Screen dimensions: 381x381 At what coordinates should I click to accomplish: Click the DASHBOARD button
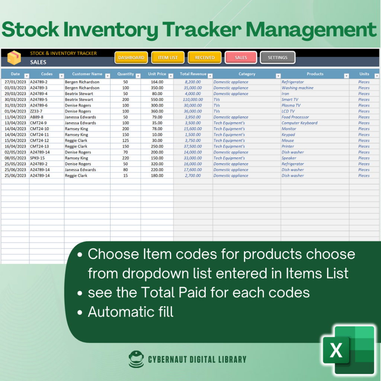click(x=131, y=58)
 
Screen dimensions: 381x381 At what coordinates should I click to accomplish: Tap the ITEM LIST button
click(x=168, y=58)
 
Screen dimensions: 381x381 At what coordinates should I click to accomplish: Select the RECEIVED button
click(x=204, y=58)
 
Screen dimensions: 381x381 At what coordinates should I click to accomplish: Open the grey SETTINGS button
click(x=278, y=58)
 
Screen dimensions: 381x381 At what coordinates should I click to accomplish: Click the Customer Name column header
click(x=87, y=74)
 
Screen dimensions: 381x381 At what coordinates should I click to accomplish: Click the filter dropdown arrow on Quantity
click(x=138, y=76)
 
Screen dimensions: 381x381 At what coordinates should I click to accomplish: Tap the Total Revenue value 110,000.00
click(x=193, y=99)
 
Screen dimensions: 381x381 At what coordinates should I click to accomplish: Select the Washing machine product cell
click(x=297, y=88)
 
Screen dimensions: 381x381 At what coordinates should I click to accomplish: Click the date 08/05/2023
click(x=15, y=158)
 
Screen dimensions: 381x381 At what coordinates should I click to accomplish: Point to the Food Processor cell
click(x=295, y=117)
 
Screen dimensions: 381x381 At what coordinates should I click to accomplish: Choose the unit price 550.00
click(x=157, y=99)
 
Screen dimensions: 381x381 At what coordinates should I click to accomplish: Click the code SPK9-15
click(x=37, y=158)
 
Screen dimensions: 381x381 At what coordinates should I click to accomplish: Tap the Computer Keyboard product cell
click(x=300, y=123)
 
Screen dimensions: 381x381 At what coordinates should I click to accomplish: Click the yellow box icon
click(x=14, y=58)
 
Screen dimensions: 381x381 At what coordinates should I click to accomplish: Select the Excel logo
click(x=348, y=350)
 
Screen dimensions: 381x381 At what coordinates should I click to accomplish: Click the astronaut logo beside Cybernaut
click(x=136, y=359)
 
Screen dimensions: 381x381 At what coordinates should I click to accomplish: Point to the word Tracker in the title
click(x=202, y=29)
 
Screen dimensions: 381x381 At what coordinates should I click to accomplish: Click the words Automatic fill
click(x=131, y=312)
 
